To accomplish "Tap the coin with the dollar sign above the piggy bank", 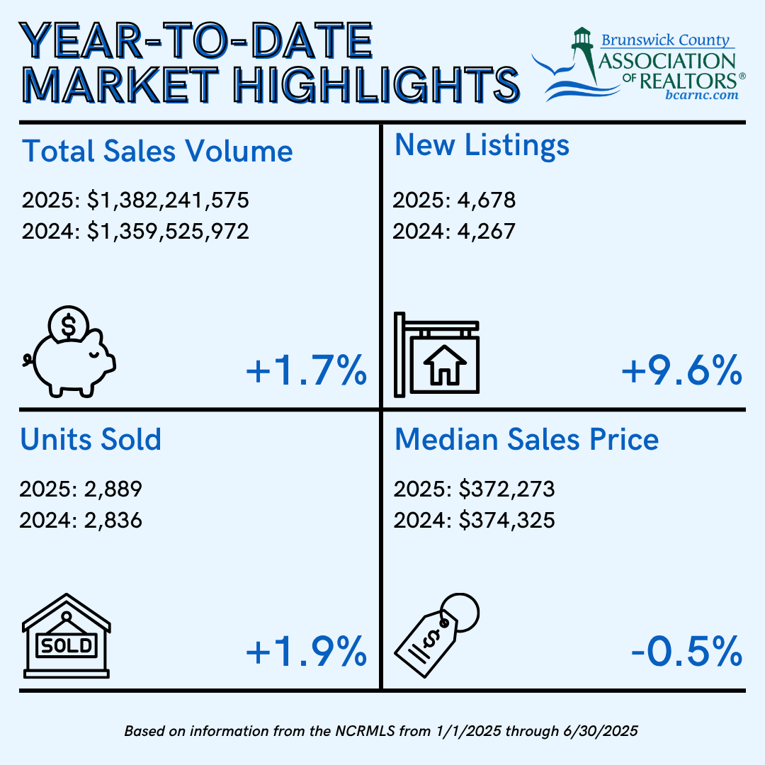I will [69, 326].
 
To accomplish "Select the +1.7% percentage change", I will [306, 372].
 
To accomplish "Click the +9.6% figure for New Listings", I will [681, 372].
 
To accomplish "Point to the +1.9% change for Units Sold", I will [306, 652].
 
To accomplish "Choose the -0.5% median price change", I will [686, 652].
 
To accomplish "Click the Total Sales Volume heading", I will [157, 152].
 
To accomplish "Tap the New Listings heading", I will [482, 144].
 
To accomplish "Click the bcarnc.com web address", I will [701, 94].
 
